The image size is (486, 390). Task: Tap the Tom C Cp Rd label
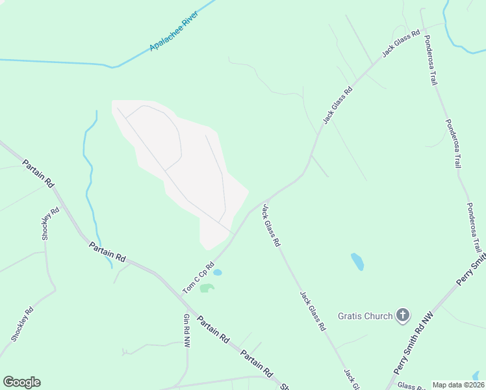[199, 277]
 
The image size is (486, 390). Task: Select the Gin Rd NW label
[186, 330]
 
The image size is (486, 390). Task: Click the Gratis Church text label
[365, 316]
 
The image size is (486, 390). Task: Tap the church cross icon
[403, 316]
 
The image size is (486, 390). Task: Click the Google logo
[21, 382]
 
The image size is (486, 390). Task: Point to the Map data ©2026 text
[458, 385]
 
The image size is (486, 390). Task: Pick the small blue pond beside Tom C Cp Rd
[218, 272]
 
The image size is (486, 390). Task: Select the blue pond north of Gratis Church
[357, 261]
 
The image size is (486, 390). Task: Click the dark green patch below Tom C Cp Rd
[207, 287]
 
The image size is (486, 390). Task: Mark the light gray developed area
[182, 169]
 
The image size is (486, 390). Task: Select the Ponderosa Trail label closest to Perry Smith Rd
[473, 227]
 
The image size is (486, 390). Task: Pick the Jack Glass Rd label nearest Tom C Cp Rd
[271, 225]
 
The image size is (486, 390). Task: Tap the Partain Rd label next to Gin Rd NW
[214, 330]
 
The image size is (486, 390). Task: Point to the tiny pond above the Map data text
[478, 376]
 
